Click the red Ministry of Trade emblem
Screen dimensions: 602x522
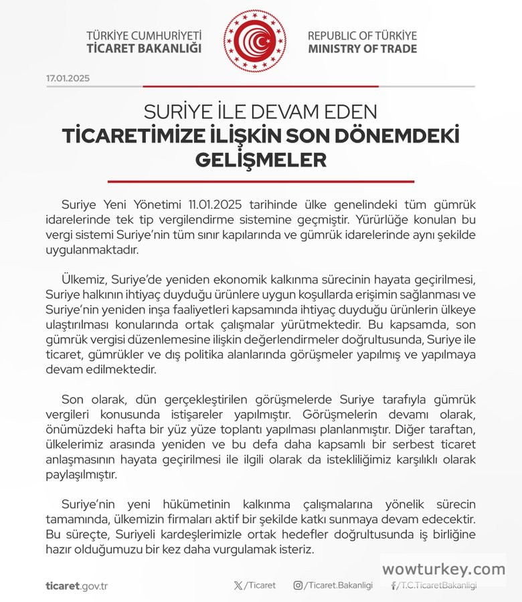[x=254, y=41]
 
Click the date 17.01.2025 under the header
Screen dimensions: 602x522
[x=68, y=78]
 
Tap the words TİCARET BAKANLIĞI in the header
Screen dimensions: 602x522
[x=144, y=49]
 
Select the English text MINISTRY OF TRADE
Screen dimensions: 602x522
[x=362, y=49]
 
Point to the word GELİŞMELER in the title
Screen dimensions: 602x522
[x=261, y=161]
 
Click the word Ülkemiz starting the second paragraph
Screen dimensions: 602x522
[x=83, y=278]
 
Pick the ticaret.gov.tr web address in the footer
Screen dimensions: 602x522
[x=77, y=586]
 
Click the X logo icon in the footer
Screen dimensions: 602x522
[x=239, y=585]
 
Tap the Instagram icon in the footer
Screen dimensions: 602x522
[x=298, y=585]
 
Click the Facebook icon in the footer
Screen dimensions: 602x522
[x=394, y=585]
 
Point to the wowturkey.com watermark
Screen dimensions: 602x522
[x=444, y=569]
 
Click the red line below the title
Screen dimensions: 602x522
[x=261, y=181]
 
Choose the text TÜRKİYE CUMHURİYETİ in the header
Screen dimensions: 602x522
[x=144, y=35]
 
